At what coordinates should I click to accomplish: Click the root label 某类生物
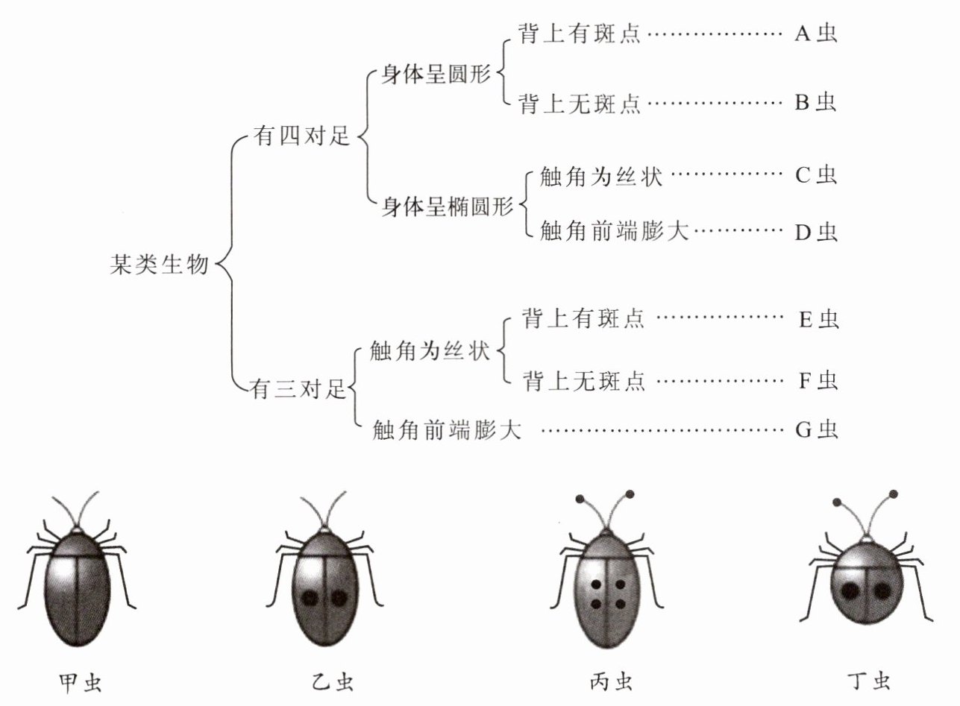(x=160, y=265)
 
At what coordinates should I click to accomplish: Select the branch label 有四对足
(x=301, y=136)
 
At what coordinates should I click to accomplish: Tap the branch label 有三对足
(x=298, y=389)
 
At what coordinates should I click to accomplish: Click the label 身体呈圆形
(x=436, y=75)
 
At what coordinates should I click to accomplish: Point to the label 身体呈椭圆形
(x=447, y=207)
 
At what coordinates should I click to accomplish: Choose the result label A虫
(x=815, y=33)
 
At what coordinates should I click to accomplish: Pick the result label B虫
(x=815, y=102)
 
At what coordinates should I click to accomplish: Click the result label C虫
(x=816, y=174)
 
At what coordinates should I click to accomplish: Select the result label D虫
(x=816, y=232)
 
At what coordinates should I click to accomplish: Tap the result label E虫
(x=818, y=319)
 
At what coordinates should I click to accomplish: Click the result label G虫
(x=817, y=429)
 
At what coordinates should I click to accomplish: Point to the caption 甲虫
(x=81, y=683)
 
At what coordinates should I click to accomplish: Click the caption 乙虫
(x=333, y=683)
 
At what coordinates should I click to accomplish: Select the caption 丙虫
(x=611, y=683)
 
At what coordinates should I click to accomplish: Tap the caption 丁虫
(x=869, y=683)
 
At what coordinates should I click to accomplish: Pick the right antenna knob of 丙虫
(x=630, y=494)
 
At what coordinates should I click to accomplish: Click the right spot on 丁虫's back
(x=882, y=592)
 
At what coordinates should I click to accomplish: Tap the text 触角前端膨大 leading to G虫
(x=447, y=429)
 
